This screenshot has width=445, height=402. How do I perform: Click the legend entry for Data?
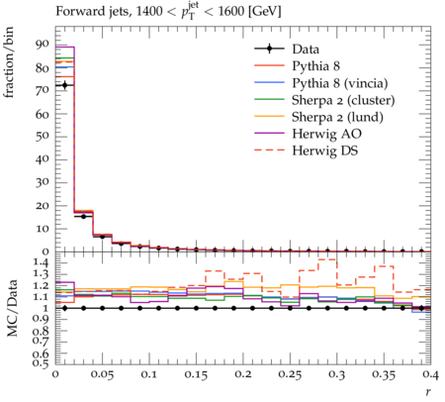coord(306,50)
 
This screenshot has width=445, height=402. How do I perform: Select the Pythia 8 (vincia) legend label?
coord(340,83)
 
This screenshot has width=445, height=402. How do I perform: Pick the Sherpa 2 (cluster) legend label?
coord(343,100)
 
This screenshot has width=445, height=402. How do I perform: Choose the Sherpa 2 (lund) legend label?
coord(337,117)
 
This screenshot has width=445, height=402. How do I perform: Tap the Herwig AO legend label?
coord(326,134)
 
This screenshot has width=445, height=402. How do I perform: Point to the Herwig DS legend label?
coord(325,151)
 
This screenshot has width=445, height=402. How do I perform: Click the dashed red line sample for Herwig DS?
coord(269,150)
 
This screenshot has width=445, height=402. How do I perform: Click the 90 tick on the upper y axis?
coord(43,45)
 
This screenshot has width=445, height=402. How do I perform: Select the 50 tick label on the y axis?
coord(43,136)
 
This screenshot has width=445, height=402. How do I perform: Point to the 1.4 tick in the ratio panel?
coord(41,262)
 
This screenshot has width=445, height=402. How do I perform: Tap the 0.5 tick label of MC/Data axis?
coord(41,363)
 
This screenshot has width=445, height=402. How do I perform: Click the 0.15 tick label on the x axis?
coord(196,374)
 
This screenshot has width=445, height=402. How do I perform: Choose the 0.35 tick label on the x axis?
coord(384,374)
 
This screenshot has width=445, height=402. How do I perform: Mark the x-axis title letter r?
coord(428,392)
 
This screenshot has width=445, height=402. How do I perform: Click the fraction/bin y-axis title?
coord(9,62)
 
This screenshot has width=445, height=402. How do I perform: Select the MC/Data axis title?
coord(12,308)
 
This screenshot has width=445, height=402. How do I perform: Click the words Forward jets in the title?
coord(92,12)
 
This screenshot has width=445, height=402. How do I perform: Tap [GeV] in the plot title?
coord(264,12)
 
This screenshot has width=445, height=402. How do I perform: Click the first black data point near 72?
coord(65,85)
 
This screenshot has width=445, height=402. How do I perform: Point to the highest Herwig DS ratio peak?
coord(327,259)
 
